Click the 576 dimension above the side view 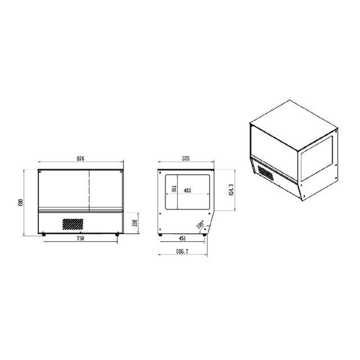click(x=186, y=158)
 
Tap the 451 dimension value click(x=182, y=239)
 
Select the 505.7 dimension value click(x=182, y=252)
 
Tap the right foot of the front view click(x=117, y=234)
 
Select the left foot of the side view click(x=161, y=235)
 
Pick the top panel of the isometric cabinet click(x=293, y=125)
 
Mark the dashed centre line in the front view click(x=89, y=191)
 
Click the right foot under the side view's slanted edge click(x=204, y=235)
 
